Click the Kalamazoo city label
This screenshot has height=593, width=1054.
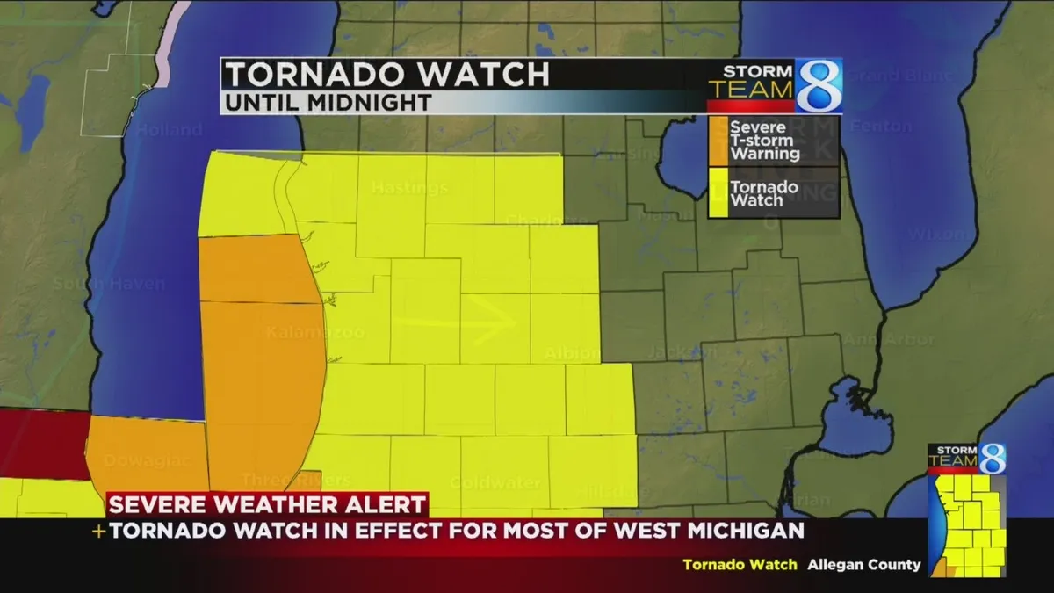click(314, 333)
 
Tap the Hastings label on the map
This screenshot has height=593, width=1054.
click(409, 188)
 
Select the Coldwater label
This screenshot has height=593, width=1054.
click(482, 483)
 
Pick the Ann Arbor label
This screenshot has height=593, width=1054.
click(897, 339)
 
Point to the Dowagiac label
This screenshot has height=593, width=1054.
click(134, 460)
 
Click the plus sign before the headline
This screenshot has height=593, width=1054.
click(99, 532)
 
